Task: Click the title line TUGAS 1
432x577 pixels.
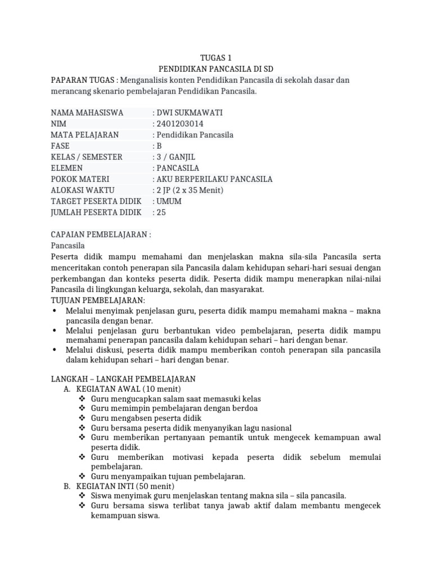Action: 216,57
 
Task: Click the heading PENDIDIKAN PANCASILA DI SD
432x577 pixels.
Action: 216,69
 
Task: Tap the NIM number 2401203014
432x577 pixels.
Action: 180,124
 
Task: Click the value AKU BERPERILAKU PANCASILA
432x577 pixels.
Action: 214,179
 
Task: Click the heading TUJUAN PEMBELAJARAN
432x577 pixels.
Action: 98,300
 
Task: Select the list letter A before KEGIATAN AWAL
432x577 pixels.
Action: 67,389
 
